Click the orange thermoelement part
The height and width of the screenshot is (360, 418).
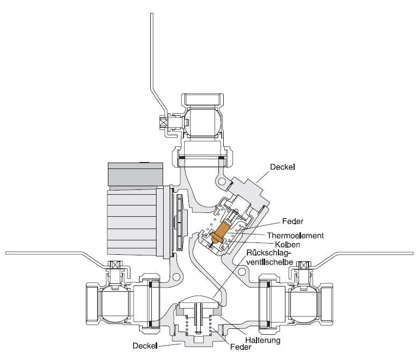pos(221,233)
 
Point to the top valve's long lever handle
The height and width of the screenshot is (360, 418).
pos(152,59)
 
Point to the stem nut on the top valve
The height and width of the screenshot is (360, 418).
pos(163,122)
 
